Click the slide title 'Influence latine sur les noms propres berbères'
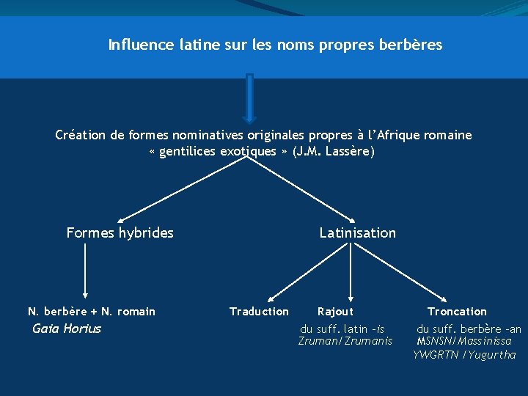coord(275,45)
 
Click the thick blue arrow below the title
coord(249,98)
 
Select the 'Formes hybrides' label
coord(120,233)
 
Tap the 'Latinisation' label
coord(357,233)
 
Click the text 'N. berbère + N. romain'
coord(92,312)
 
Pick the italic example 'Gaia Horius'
coord(67,329)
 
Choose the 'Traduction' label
coord(259,312)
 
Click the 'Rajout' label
coord(335,312)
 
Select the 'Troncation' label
coord(457,312)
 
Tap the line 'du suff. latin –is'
coord(342,329)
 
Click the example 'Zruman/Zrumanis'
coord(345,341)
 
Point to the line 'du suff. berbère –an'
coord(469,329)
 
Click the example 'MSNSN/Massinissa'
coord(464,341)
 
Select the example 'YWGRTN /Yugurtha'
coord(464,355)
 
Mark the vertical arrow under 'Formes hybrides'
coord(85,270)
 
